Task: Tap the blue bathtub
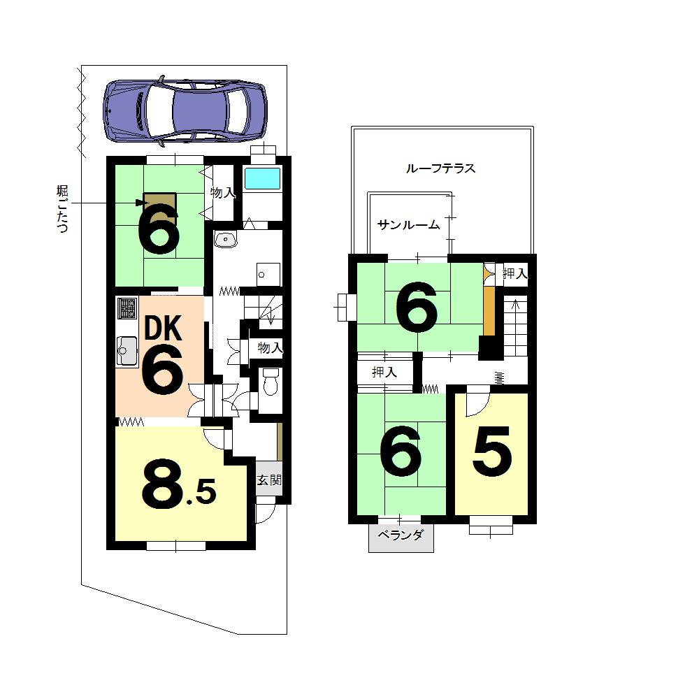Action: click(x=262, y=178)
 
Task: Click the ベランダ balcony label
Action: click(x=401, y=536)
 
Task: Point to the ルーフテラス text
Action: click(x=440, y=168)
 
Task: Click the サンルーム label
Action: click(x=408, y=224)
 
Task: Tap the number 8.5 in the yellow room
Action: click(x=178, y=486)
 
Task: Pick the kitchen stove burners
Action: click(x=127, y=308)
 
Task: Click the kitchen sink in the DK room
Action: click(x=127, y=349)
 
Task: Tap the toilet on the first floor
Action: click(x=270, y=382)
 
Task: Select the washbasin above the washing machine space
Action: click(x=226, y=240)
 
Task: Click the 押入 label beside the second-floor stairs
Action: click(x=515, y=274)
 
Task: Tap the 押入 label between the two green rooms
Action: click(x=384, y=373)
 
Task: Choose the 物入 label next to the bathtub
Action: click(x=223, y=192)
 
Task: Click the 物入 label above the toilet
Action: click(x=270, y=347)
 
